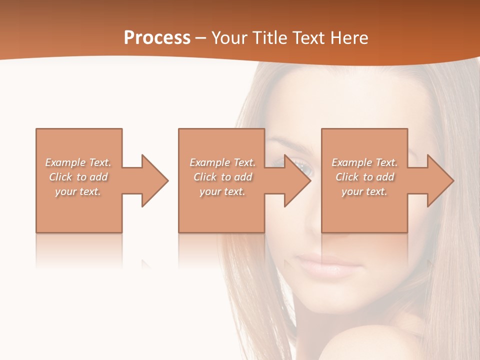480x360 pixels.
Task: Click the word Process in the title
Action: point(157,38)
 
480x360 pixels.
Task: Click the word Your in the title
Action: point(230,38)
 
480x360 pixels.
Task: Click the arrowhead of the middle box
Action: point(297,180)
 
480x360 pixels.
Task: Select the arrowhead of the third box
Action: point(440,180)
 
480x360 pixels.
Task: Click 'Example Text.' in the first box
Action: point(78,162)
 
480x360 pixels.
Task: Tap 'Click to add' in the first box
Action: point(78,177)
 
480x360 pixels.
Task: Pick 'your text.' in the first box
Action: point(78,191)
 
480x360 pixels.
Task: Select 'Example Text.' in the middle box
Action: point(222,162)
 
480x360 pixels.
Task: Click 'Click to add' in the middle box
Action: point(222,177)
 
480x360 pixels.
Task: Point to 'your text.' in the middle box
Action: point(222,191)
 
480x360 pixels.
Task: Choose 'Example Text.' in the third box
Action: point(364,162)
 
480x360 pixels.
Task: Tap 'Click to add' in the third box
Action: point(364,177)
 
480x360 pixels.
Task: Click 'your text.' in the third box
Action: point(364,191)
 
